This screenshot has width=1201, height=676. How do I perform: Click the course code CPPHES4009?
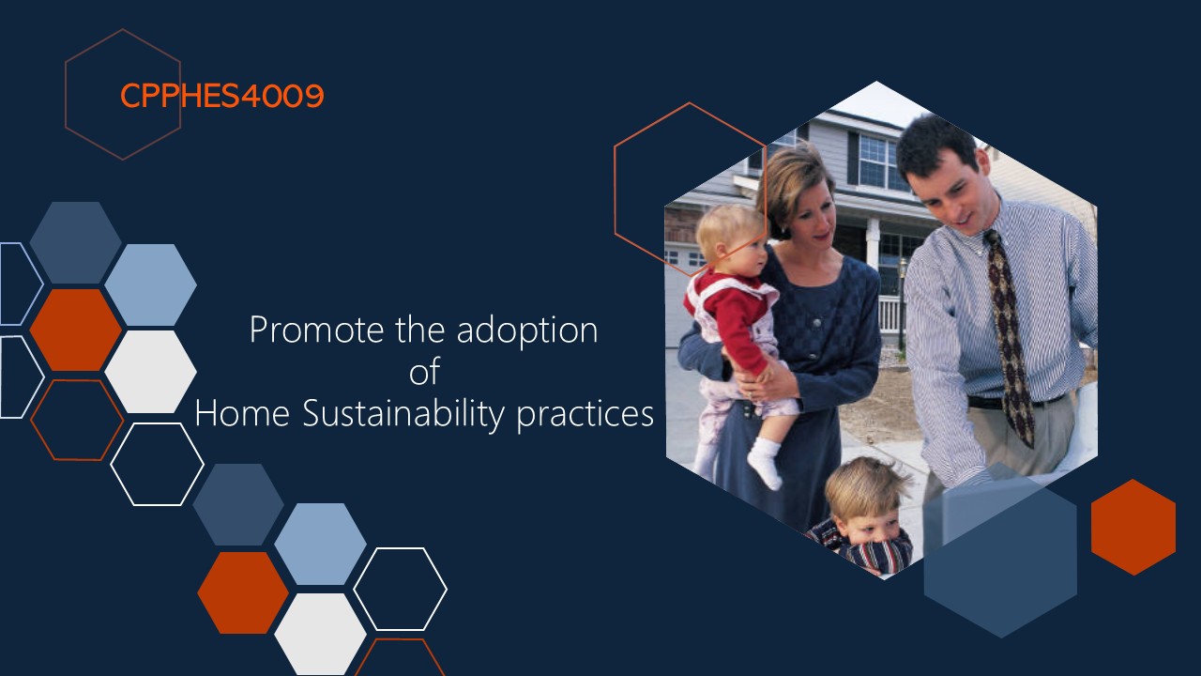(222, 96)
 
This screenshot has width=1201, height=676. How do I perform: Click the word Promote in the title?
(317, 330)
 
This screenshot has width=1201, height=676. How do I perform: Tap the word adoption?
(527, 331)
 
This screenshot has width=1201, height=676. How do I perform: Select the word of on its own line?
(425, 371)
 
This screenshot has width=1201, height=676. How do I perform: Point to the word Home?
(242, 413)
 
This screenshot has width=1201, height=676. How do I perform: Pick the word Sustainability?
(403, 415)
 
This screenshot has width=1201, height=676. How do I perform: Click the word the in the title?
(419, 330)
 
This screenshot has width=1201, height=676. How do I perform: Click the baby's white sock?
(765, 463)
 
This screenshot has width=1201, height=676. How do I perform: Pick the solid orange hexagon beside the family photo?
(1133, 528)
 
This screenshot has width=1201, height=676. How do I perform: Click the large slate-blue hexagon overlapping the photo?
(1000, 550)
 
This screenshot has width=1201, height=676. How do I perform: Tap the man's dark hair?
(935, 142)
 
